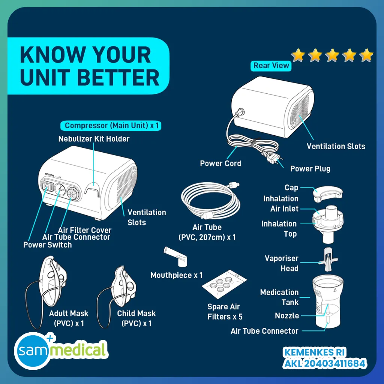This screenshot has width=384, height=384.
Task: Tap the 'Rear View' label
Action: (x=271, y=66)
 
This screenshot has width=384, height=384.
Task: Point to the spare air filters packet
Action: (x=224, y=284)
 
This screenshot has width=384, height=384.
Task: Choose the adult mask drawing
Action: (x=46, y=291)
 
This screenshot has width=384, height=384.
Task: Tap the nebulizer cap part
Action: (x=327, y=194)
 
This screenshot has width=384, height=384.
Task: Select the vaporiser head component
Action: (x=328, y=259)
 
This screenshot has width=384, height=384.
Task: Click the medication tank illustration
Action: (x=328, y=301)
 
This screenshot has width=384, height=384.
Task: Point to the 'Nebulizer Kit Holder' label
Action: (x=94, y=139)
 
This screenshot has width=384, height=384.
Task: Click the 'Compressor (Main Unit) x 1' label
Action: (x=111, y=126)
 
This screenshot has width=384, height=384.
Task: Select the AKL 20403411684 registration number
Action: (x=324, y=363)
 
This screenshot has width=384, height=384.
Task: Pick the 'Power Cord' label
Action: (x=220, y=163)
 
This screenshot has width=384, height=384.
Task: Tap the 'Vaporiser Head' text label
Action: (x=281, y=263)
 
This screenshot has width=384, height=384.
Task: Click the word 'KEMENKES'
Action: (x=308, y=352)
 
